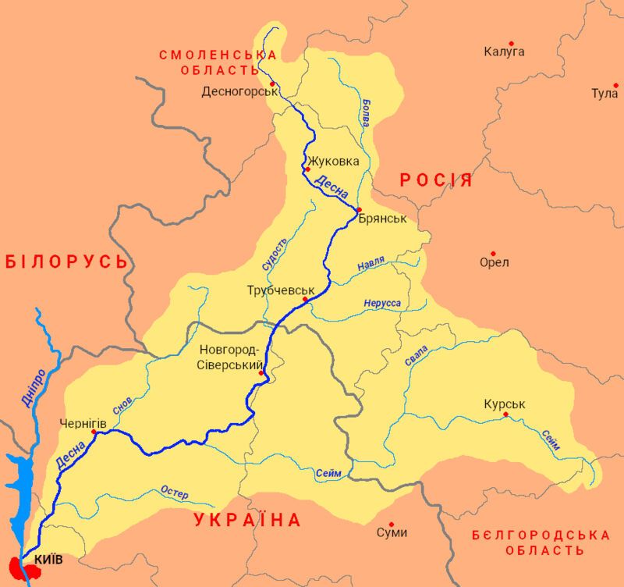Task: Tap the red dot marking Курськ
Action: [x=506, y=415]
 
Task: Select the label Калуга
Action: [x=504, y=52]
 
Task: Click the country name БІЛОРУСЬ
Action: [x=66, y=261]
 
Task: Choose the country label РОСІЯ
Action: [x=436, y=180]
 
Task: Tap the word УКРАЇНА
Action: [x=248, y=521]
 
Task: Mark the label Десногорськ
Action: [x=239, y=91]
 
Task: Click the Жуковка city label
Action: [x=335, y=162]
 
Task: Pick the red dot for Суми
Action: [x=392, y=525]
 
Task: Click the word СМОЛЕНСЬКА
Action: [x=218, y=55]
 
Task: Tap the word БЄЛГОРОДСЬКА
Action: [x=541, y=535]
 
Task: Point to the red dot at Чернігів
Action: [x=94, y=432]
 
